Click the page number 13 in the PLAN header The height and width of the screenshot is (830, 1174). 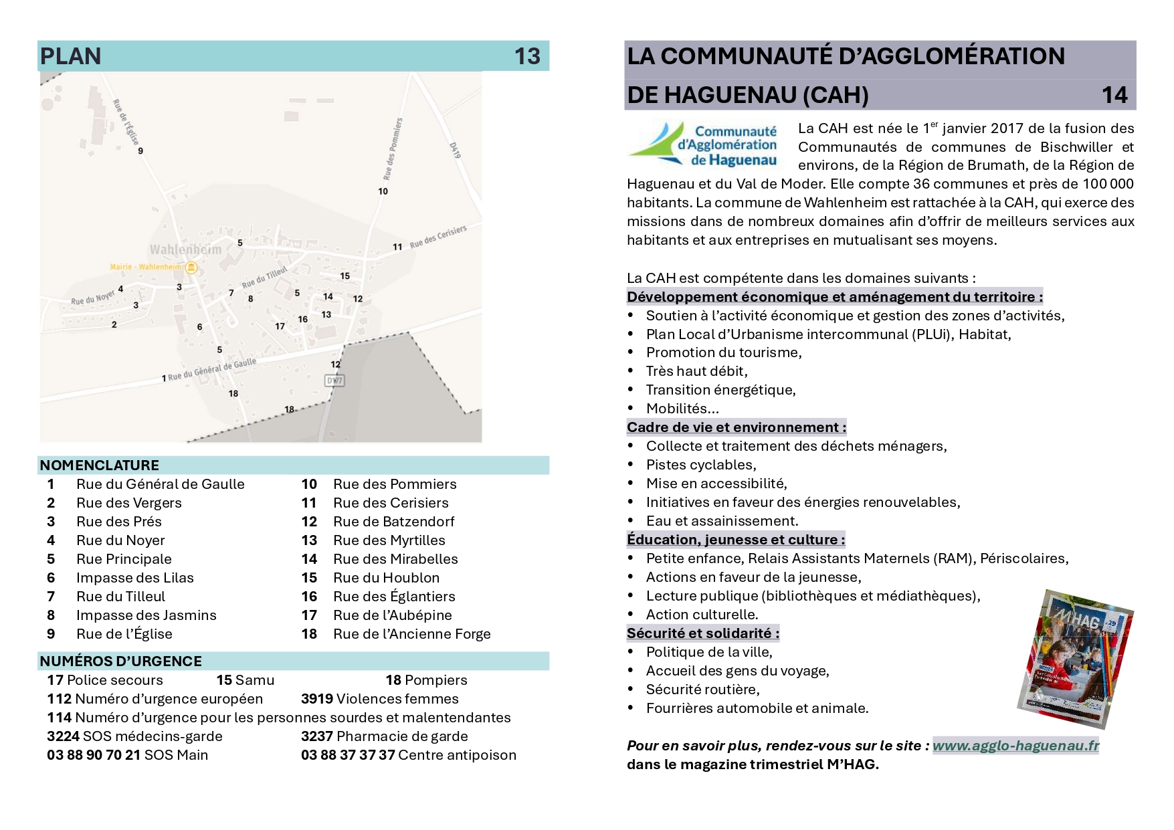526,56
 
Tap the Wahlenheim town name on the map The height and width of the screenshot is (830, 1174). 185,250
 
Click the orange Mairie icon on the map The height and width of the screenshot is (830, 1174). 191,268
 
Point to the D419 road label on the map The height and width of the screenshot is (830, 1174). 455,150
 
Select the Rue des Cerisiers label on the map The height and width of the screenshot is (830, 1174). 438,237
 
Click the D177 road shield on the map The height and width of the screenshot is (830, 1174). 334,381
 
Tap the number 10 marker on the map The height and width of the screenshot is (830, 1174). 383,191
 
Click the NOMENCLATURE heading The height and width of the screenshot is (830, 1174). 100,465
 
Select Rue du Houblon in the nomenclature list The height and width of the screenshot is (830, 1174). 386,578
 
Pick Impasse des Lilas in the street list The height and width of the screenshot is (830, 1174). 134,578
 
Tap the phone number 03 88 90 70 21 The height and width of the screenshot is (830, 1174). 94,755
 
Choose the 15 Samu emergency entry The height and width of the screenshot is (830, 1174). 245,680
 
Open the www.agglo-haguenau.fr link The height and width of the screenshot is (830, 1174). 1015,746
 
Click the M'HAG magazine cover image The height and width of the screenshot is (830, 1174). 1074,659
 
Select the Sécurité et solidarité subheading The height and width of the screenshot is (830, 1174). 702,633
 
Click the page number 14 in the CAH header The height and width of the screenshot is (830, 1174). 1114,95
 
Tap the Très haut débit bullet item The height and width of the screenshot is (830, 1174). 696,371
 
